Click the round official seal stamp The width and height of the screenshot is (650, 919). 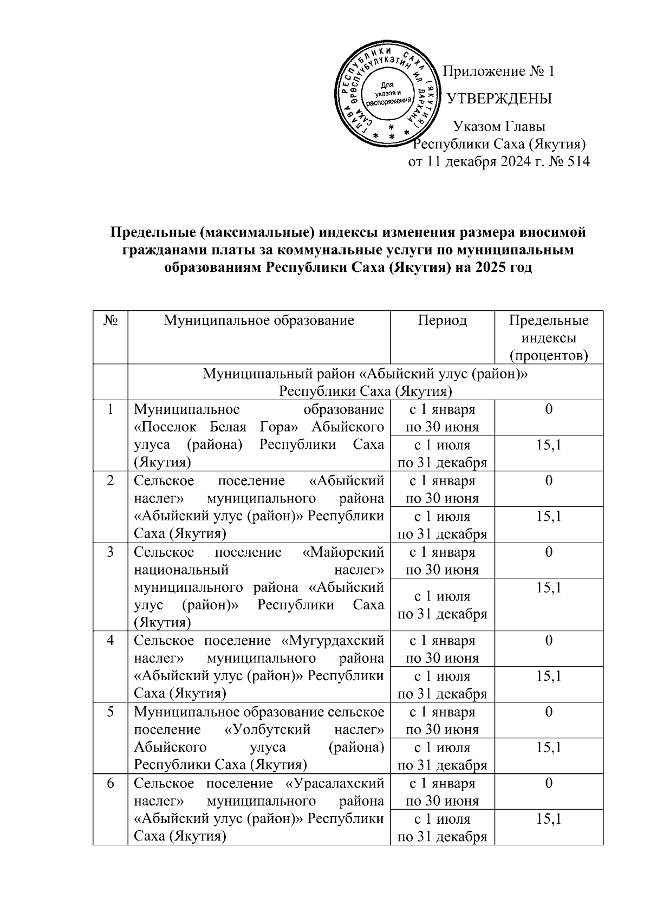coord(387,95)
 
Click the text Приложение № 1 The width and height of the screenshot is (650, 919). coord(499,71)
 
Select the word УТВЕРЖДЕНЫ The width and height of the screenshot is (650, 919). coord(499,99)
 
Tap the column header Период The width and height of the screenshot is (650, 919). coord(442,320)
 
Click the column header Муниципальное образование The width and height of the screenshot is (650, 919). coord(259,320)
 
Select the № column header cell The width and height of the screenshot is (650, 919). coord(110,320)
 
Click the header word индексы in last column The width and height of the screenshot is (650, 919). coord(548,338)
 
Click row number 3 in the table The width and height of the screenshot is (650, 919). coord(110,552)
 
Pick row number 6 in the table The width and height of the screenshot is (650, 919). coord(110,784)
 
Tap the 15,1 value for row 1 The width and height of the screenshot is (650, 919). coord(548,445)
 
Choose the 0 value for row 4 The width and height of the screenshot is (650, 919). coord(548,641)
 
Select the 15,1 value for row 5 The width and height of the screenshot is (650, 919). coord(548,747)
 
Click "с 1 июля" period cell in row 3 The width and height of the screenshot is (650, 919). coord(442,596)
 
